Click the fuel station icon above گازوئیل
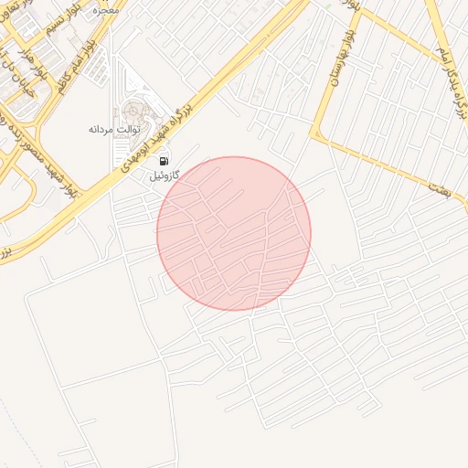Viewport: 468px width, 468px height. point(164,162)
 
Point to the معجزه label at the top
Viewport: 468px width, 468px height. point(106,10)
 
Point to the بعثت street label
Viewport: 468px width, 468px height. point(437,186)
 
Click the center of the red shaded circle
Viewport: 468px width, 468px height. point(234,233)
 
